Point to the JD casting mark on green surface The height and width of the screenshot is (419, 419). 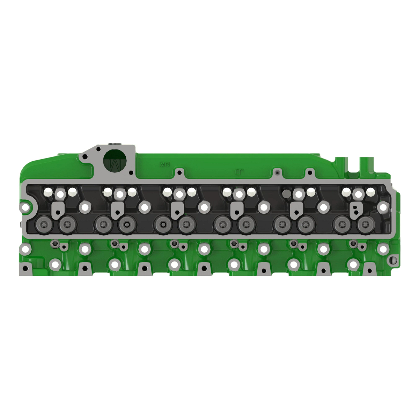(x=239, y=172)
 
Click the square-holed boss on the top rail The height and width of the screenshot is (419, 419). (x=277, y=172)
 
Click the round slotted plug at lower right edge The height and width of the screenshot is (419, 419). (x=394, y=259)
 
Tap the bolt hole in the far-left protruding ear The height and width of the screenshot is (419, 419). (x=25, y=207)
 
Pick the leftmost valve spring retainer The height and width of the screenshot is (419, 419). (x=45, y=223)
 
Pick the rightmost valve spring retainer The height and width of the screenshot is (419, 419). (x=365, y=223)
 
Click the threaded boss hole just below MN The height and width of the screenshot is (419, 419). (x=179, y=172)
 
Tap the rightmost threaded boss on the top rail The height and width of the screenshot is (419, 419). (x=309, y=172)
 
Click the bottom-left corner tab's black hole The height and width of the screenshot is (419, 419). (x=25, y=269)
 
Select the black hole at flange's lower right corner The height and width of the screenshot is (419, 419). (x=131, y=172)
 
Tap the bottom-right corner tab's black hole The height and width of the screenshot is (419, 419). (x=369, y=270)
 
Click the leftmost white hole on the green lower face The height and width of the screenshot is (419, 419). (x=25, y=249)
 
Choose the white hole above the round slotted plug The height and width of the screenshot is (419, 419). (x=383, y=249)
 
